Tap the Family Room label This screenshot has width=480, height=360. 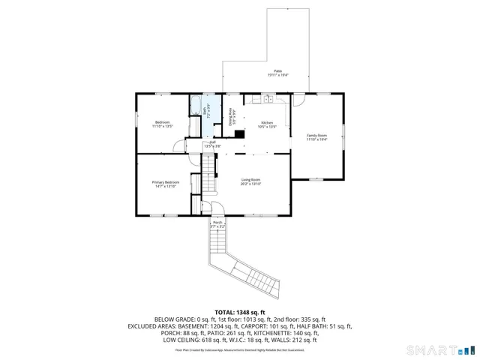point(317,136)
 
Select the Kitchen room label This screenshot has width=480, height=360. point(267,124)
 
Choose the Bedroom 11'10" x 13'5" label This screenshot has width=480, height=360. point(163,124)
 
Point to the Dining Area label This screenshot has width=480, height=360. point(231,115)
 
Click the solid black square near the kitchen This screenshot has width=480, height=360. point(239,135)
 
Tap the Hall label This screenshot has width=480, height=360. point(212,143)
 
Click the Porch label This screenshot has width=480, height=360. point(217,223)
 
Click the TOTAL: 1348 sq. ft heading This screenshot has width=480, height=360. point(240,312)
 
